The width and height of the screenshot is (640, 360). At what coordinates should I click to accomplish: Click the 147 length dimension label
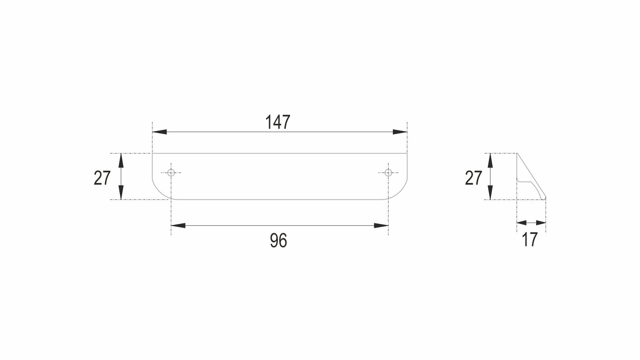point(278,122)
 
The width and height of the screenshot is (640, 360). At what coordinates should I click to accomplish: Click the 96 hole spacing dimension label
point(278,241)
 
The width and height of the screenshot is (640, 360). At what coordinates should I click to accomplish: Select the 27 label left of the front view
point(102,178)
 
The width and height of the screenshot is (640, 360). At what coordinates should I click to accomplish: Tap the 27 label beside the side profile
point(473,178)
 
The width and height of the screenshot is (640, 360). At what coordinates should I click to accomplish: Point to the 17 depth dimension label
point(530,240)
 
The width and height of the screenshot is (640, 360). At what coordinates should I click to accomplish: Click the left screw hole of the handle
point(171,173)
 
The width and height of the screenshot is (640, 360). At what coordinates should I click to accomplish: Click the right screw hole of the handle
point(388,173)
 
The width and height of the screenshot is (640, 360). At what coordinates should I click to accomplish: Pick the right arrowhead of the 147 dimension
point(400,132)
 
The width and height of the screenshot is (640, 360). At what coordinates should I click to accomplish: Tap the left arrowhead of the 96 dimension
point(178,226)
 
